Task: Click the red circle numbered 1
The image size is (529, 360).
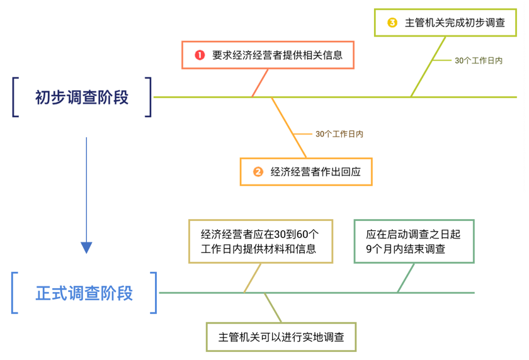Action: [200, 55]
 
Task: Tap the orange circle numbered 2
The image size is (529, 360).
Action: [258, 171]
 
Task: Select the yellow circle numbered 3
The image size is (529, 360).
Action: [392, 23]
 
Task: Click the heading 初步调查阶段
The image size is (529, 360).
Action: [82, 98]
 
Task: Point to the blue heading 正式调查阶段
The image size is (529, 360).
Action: [84, 293]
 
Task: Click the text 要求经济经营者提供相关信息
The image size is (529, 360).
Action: [277, 55]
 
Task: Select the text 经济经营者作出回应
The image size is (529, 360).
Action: [316, 171]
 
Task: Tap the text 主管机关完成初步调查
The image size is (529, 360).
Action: [454, 23]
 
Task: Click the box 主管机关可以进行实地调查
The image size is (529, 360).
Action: [281, 337]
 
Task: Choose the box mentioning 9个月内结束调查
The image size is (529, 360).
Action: [414, 241]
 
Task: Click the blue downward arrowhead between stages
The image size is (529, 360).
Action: [86, 247]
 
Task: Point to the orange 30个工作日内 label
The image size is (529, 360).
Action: [339, 134]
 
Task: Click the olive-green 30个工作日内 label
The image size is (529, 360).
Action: [478, 60]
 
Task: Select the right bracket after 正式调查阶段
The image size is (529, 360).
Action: [154, 293]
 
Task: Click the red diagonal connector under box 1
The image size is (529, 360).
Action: [260, 82]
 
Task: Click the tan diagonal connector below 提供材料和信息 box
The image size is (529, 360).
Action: [253, 277]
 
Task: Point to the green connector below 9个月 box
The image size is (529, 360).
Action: [406, 277]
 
